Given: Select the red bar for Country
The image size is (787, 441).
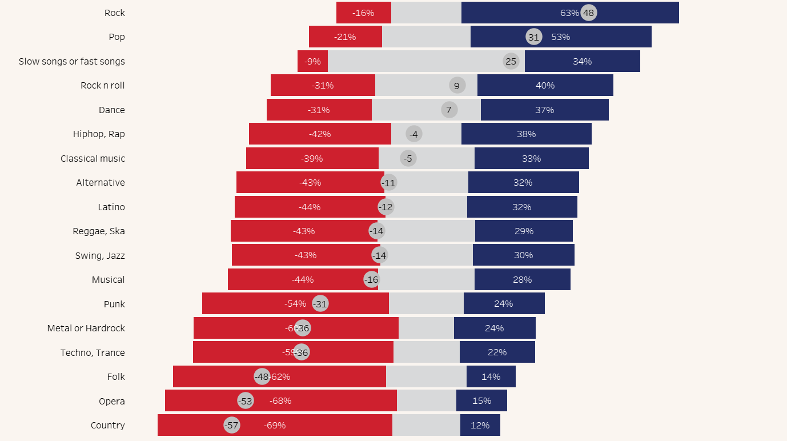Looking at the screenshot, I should [x=320, y=426].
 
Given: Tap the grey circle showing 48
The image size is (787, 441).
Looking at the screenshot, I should [x=589, y=13].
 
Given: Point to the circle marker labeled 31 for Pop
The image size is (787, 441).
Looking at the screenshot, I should [x=533, y=37].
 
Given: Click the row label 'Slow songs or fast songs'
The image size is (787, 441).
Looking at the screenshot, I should [x=72, y=61].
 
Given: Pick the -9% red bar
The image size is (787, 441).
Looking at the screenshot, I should [x=312, y=61].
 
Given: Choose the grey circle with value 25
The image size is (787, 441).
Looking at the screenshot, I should [x=511, y=61].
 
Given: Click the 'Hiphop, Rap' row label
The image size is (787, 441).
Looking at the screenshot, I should [x=99, y=134].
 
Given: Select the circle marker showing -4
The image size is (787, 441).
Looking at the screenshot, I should [x=414, y=134].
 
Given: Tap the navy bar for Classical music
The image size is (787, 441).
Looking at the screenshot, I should [x=531, y=158].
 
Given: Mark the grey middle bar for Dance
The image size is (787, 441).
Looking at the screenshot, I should [x=411, y=110].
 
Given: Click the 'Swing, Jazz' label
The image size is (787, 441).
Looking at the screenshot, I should [x=100, y=255].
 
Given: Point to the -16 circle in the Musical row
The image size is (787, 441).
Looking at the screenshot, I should [x=372, y=280].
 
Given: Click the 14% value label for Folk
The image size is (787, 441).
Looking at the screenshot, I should [x=491, y=377].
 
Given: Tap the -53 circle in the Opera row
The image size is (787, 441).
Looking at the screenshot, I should [x=246, y=401].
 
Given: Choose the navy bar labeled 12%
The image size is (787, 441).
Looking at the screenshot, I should [x=480, y=426].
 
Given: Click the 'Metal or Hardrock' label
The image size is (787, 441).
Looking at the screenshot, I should [x=86, y=328].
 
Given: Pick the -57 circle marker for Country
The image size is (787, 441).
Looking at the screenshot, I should [x=231, y=426].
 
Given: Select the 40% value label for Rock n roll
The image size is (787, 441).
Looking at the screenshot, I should [x=545, y=86].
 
